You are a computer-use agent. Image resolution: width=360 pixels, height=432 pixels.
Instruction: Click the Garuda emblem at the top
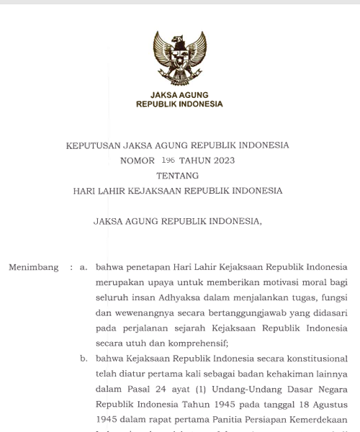click(x=179, y=58)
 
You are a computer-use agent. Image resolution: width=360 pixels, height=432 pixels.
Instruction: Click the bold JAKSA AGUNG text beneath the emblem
click(x=179, y=95)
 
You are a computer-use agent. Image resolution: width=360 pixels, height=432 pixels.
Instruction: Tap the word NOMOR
click(x=138, y=161)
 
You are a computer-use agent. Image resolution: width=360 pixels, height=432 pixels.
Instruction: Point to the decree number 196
click(x=168, y=161)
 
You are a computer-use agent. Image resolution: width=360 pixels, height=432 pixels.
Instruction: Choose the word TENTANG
click(x=178, y=176)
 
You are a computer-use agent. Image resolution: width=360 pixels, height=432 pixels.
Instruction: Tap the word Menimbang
click(x=34, y=267)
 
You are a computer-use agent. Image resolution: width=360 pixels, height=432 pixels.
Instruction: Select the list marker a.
click(x=84, y=267)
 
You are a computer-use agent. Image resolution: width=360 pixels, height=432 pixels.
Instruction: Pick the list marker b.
click(x=84, y=359)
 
